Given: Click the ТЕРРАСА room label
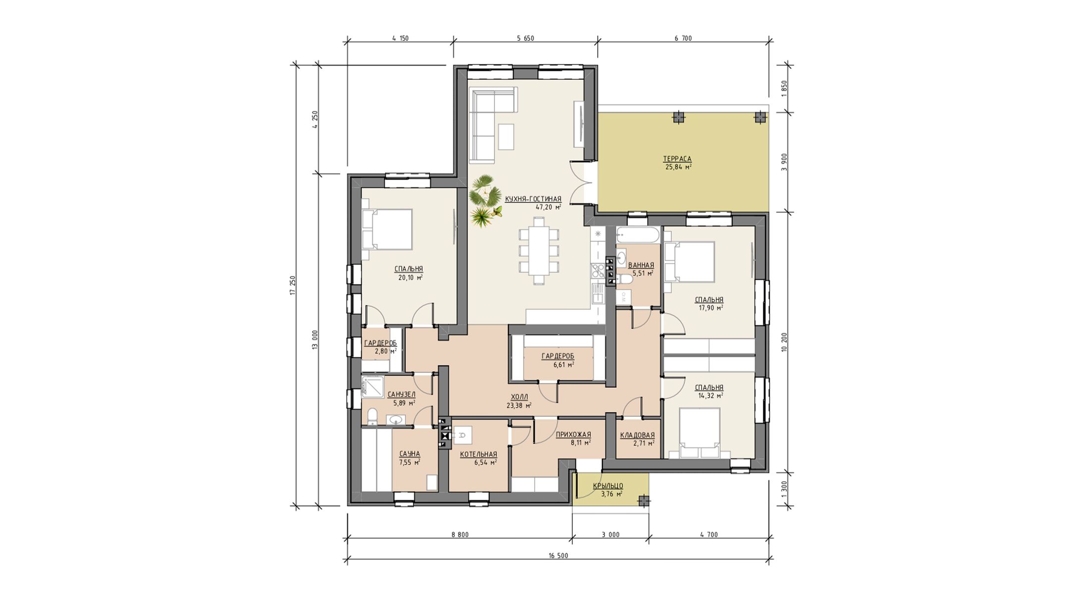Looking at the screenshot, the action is click(677, 159).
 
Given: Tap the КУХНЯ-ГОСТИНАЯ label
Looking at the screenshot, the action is click(533, 199).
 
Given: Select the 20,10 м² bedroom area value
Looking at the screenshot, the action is click(410, 278).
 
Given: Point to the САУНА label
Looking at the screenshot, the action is click(410, 454).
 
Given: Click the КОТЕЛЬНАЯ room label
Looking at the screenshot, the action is click(478, 454).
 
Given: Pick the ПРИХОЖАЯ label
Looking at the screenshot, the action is click(573, 435).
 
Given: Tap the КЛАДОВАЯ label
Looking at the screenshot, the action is click(637, 436).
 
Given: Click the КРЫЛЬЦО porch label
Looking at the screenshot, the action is click(608, 486).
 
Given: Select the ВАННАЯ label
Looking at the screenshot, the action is click(641, 265).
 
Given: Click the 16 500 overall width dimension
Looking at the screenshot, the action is click(558, 556).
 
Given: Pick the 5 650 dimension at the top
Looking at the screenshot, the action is click(525, 38).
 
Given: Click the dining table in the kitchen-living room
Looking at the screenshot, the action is click(539, 250).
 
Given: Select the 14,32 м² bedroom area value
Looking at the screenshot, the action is click(710, 396).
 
